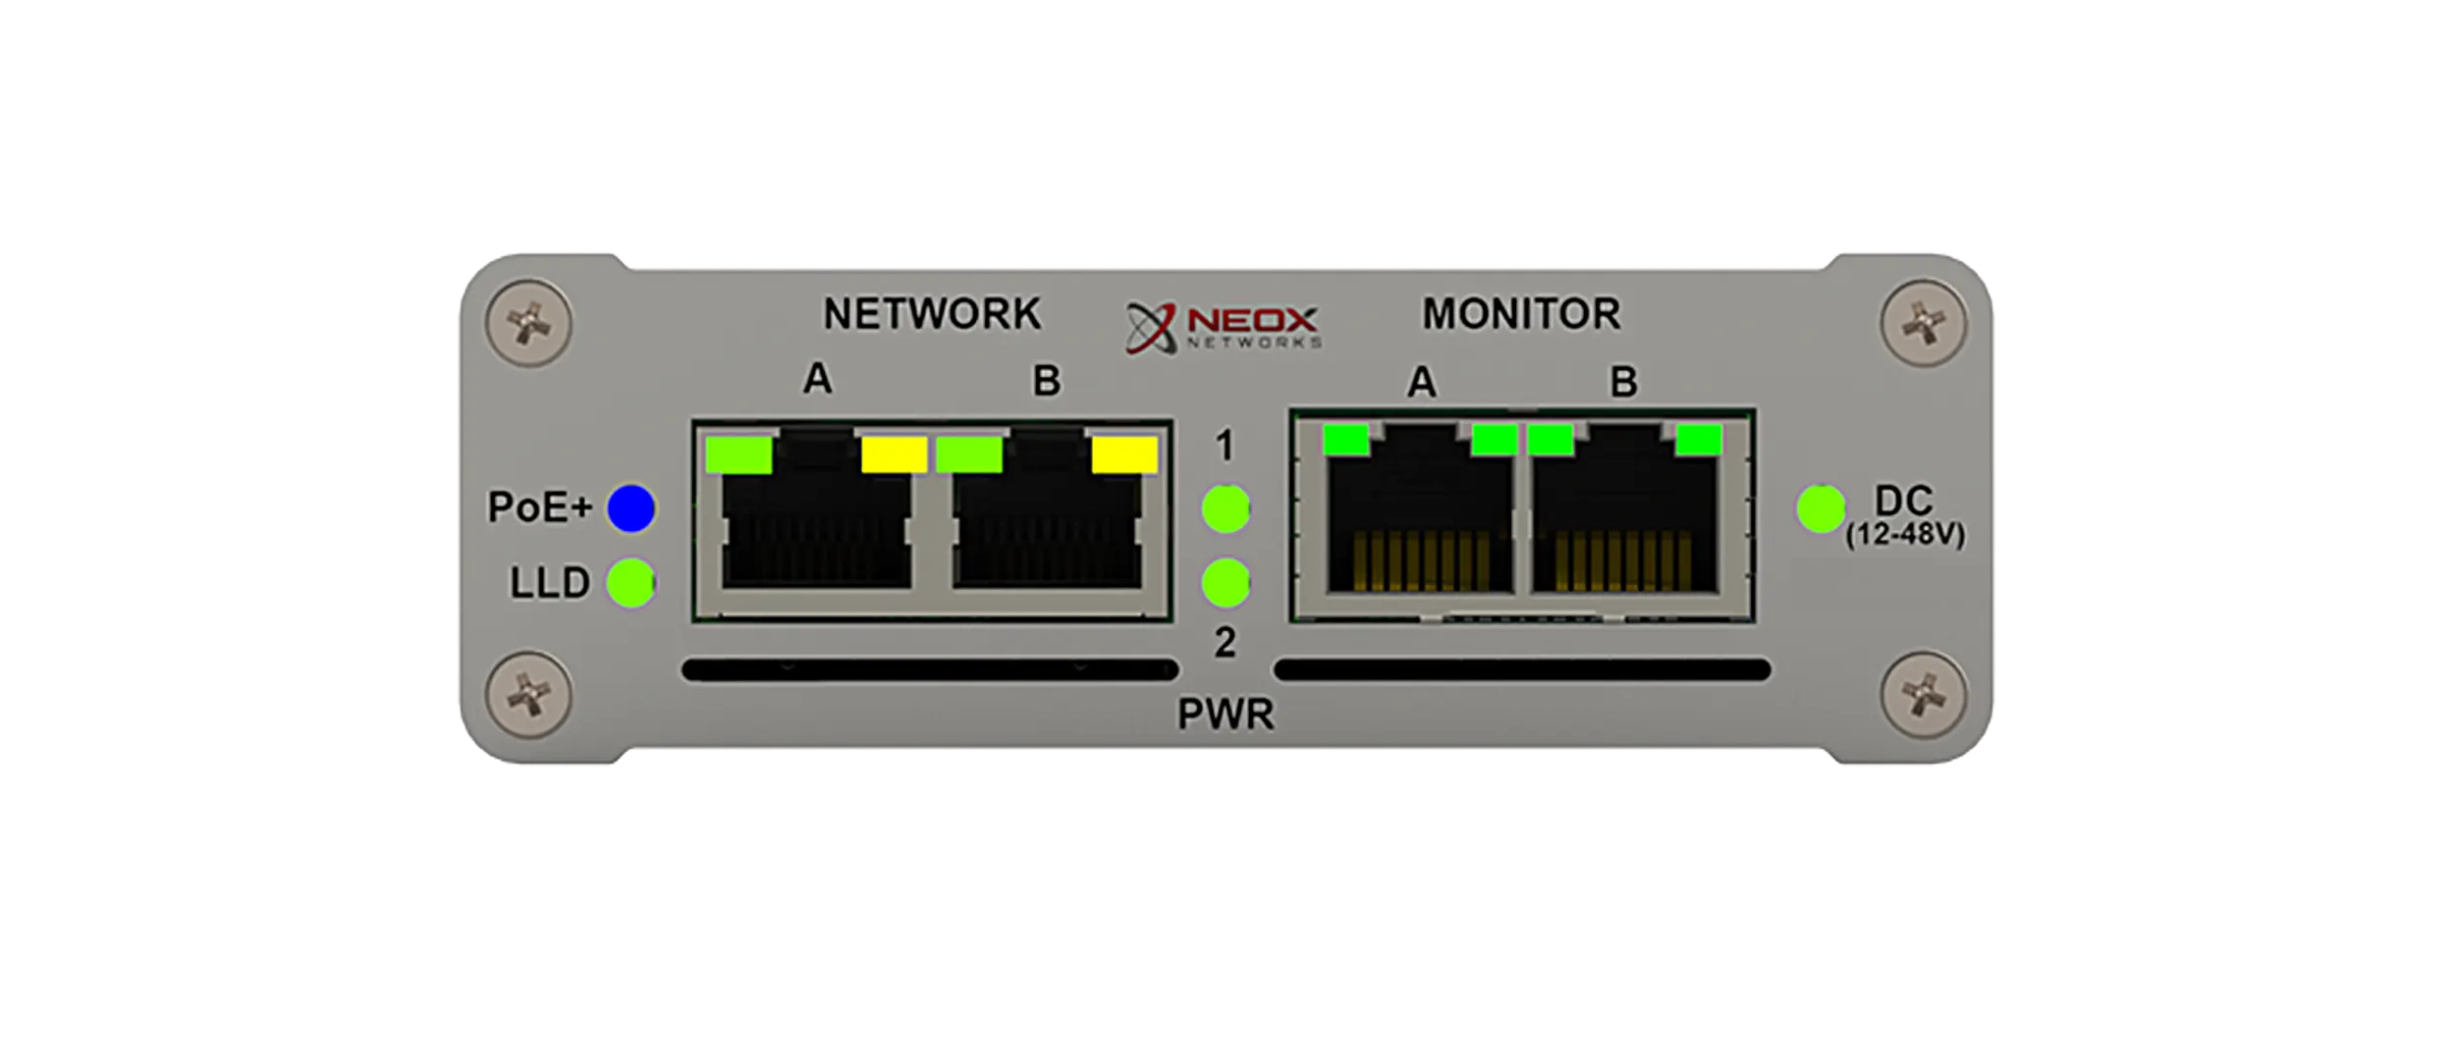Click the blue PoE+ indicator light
tap(630, 508)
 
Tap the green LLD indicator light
tap(629, 583)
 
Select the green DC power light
tap(1821, 508)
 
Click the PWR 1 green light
tap(1226, 508)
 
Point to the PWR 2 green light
tap(1226, 583)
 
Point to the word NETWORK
tap(931, 314)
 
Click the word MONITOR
tap(1521, 314)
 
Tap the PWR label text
tap(1226, 715)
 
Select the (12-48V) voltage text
tap(1904, 536)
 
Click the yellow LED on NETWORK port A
tap(894, 454)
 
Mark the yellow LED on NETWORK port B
tap(1124, 454)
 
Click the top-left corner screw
tap(529, 324)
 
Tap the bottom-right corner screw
tap(1923, 695)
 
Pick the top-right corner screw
tap(1923, 324)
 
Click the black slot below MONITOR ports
tap(1521, 670)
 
